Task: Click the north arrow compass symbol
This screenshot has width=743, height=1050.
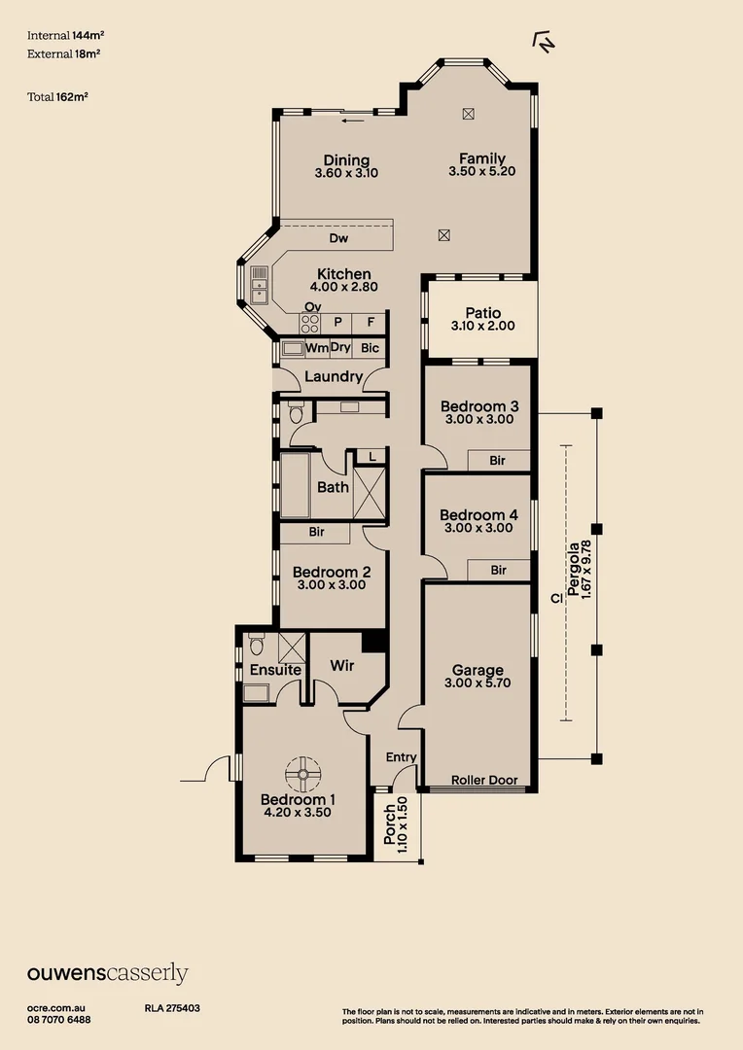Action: point(544,40)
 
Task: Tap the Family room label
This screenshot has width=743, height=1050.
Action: point(482,159)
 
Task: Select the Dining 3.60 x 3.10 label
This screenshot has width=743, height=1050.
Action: point(346,166)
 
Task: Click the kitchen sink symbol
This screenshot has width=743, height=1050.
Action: point(260,284)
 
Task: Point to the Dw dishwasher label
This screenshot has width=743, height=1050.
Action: point(338,238)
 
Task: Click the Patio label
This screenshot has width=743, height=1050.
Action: point(482,313)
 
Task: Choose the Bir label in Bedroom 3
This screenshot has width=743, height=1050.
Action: point(498,461)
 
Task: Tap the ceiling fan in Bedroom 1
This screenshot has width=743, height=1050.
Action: point(302,775)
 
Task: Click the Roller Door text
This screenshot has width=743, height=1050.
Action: point(483,780)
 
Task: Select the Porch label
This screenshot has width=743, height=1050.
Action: point(390,824)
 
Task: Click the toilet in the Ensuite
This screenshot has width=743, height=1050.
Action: point(257,645)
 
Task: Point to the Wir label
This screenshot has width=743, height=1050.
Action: point(341,666)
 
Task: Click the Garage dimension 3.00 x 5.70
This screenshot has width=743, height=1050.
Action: point(478,682)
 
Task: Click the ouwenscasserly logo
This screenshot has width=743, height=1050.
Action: point(107,973)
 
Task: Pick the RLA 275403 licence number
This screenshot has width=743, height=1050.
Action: point(172,1009)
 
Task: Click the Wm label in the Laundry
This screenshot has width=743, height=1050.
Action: point(317,347)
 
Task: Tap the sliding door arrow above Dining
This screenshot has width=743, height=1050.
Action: point(354,121)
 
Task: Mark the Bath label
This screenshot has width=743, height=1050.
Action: point(333,487)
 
